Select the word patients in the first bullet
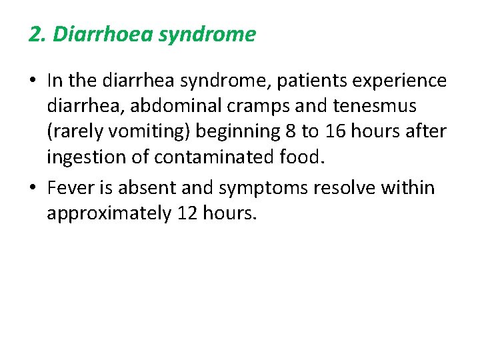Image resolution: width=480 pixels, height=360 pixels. click(x=303, y=81)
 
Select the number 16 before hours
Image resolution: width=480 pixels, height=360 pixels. click(x=335, y=131)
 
